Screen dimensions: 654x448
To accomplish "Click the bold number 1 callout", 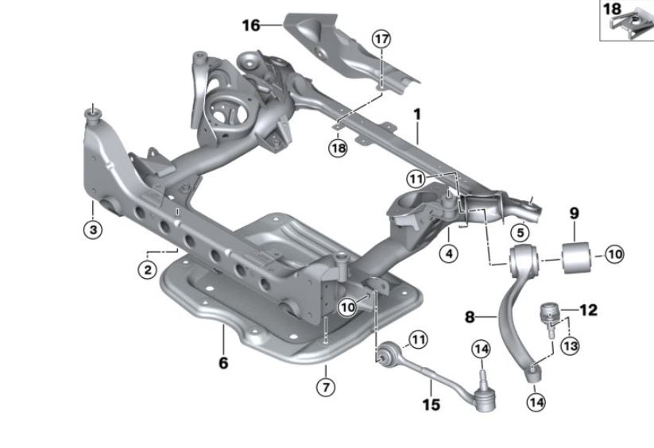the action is [x=416, y=114].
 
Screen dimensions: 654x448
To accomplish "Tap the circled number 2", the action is [x=148, y=269].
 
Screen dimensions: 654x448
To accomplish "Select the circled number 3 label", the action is [x=93, y=230].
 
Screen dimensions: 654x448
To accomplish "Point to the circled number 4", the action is [x=449, y=253].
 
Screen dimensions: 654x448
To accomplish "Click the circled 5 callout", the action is [x=520, y=233].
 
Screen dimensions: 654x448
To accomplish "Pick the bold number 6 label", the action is [x=223, y=362].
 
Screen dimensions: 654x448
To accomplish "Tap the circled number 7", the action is [x=326, y=388].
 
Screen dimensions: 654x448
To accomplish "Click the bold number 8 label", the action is [x=470, y=317].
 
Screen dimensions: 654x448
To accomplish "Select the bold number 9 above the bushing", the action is [x=575, y=213].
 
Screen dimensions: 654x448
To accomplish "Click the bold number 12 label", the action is [x=589, y=310].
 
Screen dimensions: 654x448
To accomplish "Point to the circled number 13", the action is [x=571, y=346].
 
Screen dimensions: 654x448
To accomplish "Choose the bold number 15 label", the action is [x=431, y=404].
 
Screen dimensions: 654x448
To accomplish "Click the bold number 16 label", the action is [x=251, y=25].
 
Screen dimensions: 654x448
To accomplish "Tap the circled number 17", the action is [x=381, y=40].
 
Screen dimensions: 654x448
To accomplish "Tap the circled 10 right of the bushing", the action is [x=614, y=254].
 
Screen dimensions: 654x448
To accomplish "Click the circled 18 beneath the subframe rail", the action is [x=338, y=148].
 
